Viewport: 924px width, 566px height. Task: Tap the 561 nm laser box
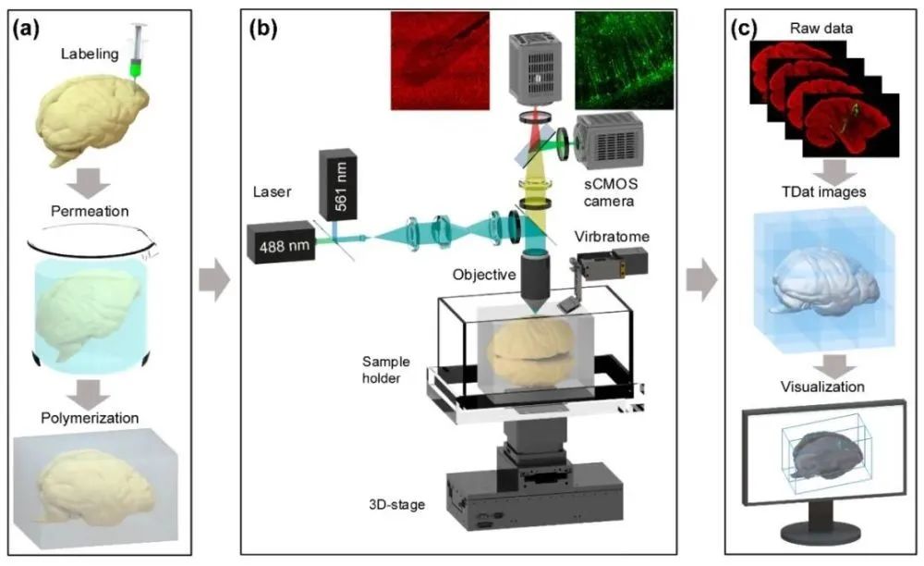pyautogui.click(x=341, y=182)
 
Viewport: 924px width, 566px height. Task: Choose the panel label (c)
pyautogui.click(x=747, y=29)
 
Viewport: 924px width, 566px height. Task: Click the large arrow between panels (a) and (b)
pyautogui.click(x=214, y=280)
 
